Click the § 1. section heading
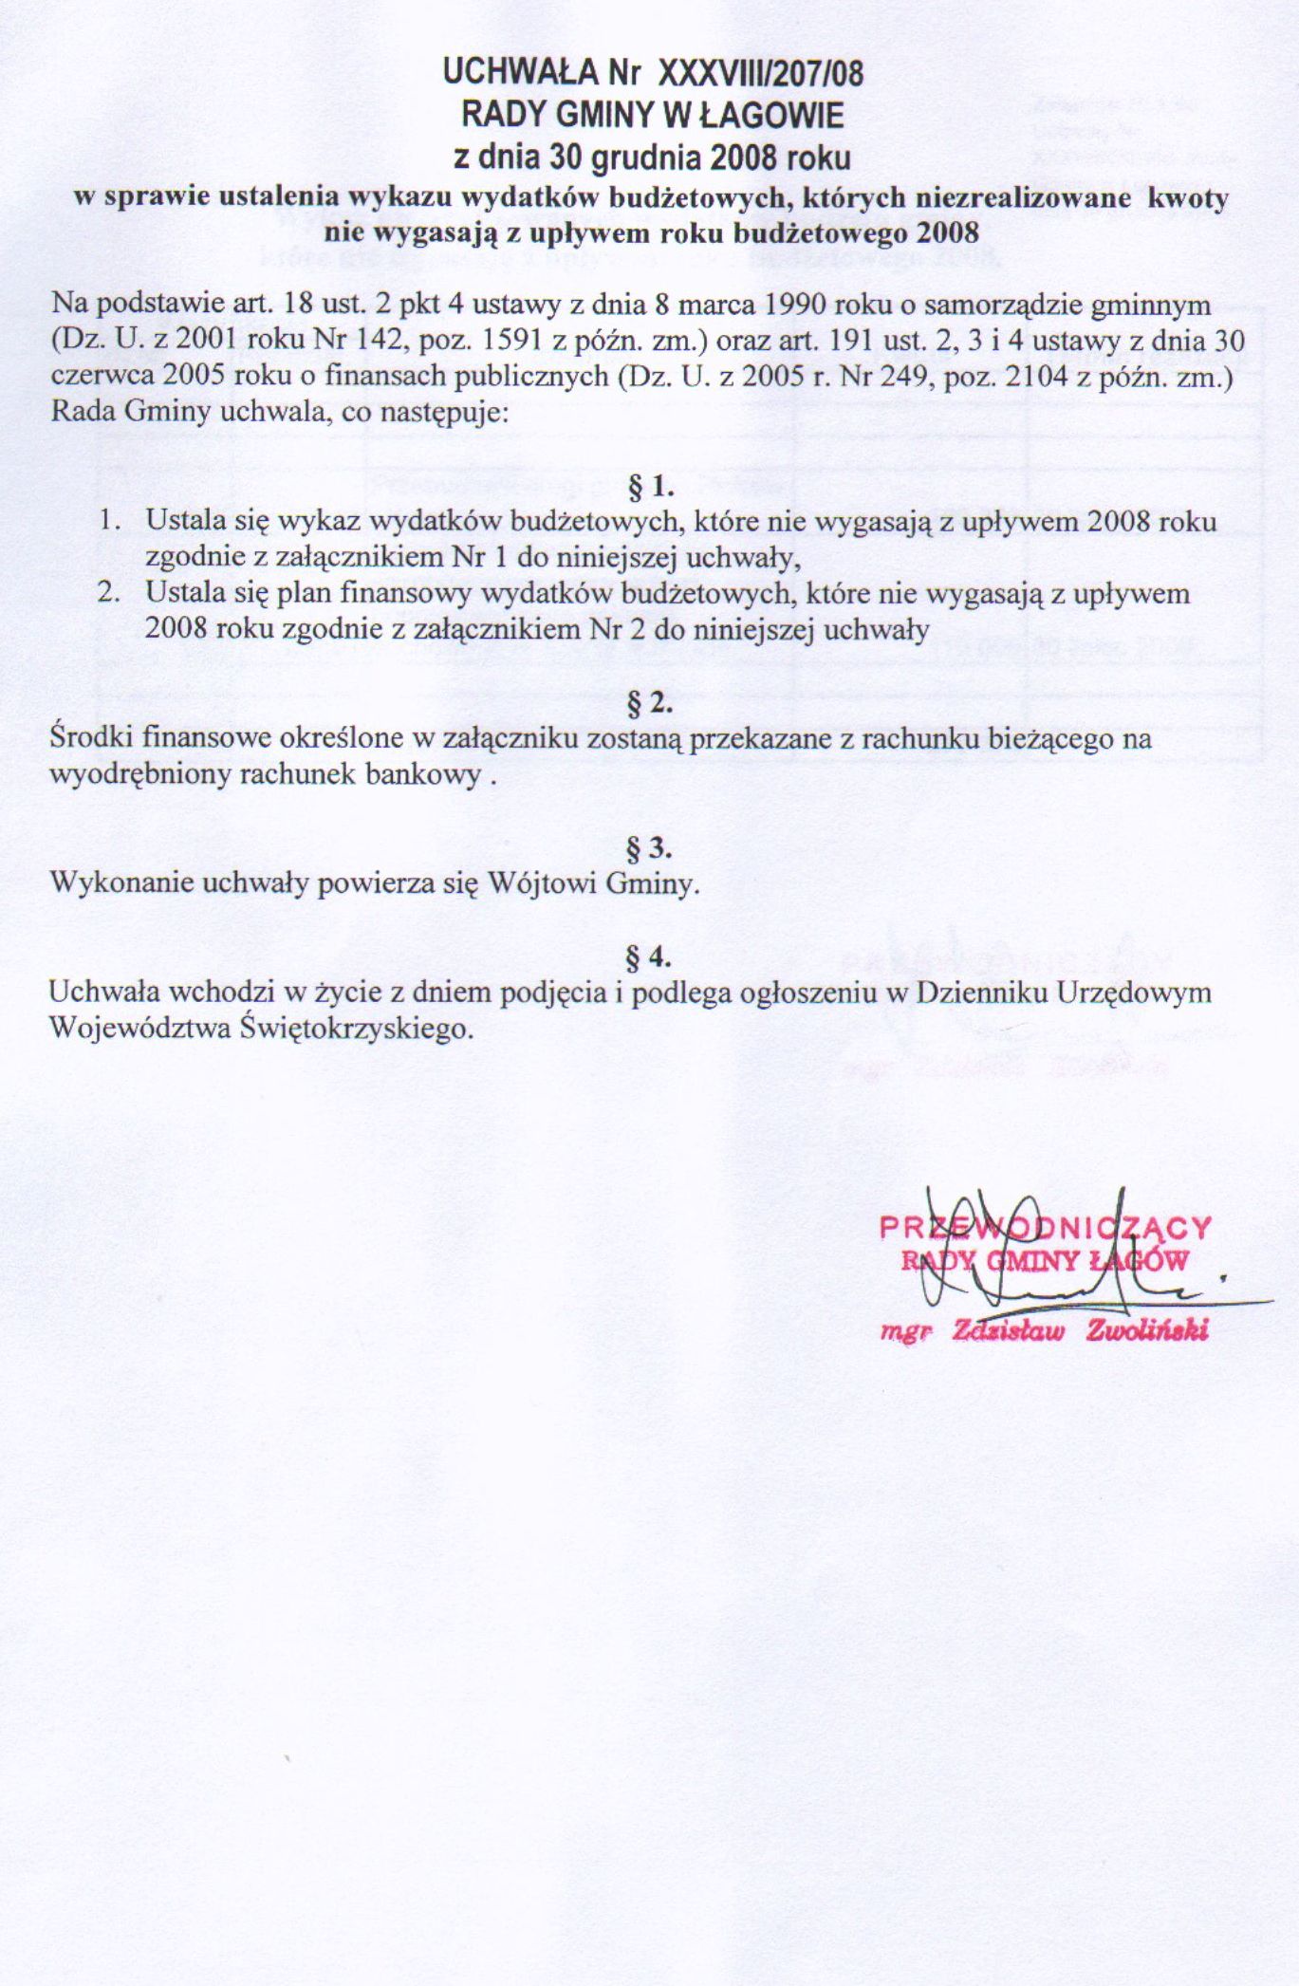click(650, 488)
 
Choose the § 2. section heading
click(650, 704)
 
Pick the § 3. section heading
click(650, 846)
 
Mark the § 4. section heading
click(650, 956)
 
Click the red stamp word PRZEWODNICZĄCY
click(1046, 1228)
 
